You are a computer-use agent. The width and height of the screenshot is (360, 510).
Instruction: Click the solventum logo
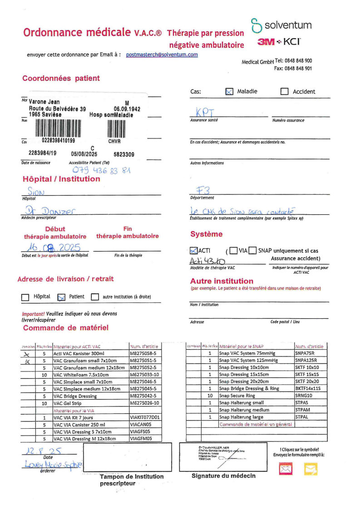tap(281, 25)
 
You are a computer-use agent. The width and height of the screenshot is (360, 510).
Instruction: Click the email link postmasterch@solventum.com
tap(162, 54)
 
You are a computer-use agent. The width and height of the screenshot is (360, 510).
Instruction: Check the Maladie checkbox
tap(229, 91)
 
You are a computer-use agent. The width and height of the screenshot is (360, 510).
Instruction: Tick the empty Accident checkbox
tap(285, 91)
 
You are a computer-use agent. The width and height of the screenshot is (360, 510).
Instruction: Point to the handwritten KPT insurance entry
tap(205, 112)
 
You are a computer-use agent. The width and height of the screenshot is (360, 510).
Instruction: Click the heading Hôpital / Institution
tap(61, 179)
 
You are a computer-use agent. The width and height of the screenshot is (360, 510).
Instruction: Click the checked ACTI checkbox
tap(193, 250)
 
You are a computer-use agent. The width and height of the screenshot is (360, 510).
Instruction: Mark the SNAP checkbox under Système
tap(252, 250)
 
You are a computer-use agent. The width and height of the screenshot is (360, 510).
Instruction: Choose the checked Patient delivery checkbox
tap(61, 297)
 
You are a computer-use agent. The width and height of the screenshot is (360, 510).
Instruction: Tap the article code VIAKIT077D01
tap(145, 417)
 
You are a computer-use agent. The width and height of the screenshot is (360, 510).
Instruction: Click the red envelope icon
tap(286, 469)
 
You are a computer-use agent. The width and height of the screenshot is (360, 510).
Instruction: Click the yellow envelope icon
tap(311, 469)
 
